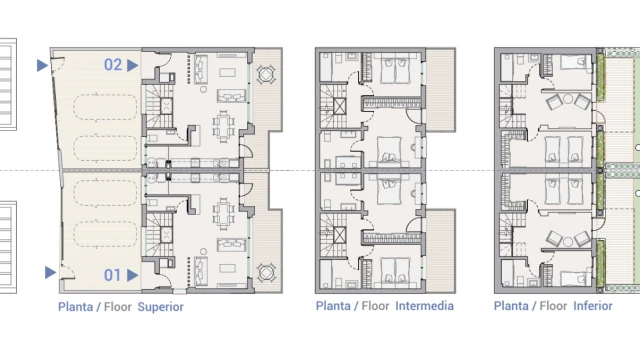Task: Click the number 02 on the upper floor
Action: click(x=113, y=64)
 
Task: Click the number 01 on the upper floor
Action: click(x=112, y=275)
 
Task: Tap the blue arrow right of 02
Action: click(x=132, y=65)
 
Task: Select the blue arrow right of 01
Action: click(x=132, y=276)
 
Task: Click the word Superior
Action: click(x=160, y=307)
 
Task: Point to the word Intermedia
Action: click(x=424, y=306)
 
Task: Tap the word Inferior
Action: click(x=593, y=306)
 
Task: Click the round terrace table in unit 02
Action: click(x=266, y=74)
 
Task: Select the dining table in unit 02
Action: click(x=224, y=126)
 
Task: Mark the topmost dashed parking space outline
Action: click(x=105, y=108)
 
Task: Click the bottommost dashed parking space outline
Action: click(x=105, y=234)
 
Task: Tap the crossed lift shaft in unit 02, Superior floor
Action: click(x=166, y=107)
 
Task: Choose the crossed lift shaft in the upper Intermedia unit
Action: click(x=340, y=106)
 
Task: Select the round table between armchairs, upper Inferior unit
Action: click(x=568, y=99)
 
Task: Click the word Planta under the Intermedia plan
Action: click(x=333, y=306)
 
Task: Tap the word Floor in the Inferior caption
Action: click(x=553, y=306)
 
